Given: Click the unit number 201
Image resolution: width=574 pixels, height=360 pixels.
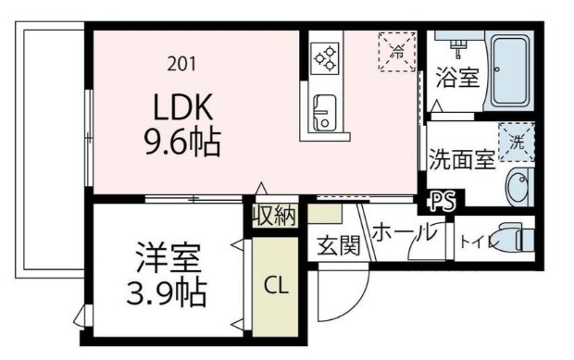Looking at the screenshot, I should click(182, 65).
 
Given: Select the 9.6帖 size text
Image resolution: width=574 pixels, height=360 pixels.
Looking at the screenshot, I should click(181, 142).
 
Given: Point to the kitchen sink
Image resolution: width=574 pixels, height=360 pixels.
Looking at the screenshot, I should click(325, 111).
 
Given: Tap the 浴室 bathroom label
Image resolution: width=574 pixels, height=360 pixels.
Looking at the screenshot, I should click(456, 79).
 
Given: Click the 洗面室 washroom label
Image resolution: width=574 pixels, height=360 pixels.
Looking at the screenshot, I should click(460, 159).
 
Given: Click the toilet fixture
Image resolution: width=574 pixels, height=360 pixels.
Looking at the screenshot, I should click(515, 238).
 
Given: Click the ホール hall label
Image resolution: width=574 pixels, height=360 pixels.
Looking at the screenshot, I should click(405, 232).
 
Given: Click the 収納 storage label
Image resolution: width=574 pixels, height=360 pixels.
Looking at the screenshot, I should click(275, 217).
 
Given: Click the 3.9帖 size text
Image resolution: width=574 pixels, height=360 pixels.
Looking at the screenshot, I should click(168, 294).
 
